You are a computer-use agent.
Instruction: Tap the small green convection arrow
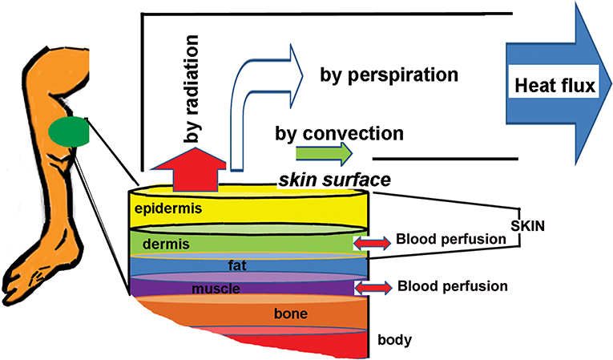point(324,154)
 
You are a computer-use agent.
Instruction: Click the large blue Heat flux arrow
point(559,83)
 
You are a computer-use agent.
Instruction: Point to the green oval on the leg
point(69,131)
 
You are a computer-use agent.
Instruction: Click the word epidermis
point(168,208)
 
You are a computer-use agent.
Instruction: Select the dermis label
point(166,245)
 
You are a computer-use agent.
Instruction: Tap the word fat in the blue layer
point(237,265)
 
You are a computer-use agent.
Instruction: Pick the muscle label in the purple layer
point(216,289)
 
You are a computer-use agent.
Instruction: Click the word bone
point(291,313)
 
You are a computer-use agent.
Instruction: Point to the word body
point(395,340)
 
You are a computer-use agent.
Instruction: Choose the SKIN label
point(528,226)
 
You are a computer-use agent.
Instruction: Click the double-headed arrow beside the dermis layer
point(372,243)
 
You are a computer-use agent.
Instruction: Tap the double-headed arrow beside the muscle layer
point(373,288)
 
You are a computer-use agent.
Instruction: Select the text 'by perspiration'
point(389,75)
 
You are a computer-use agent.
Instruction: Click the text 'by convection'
point(339,133)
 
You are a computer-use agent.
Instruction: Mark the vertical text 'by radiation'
point(192,89)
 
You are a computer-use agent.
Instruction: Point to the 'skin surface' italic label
point(335,180)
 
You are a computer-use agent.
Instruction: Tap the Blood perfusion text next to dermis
point(451,239)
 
